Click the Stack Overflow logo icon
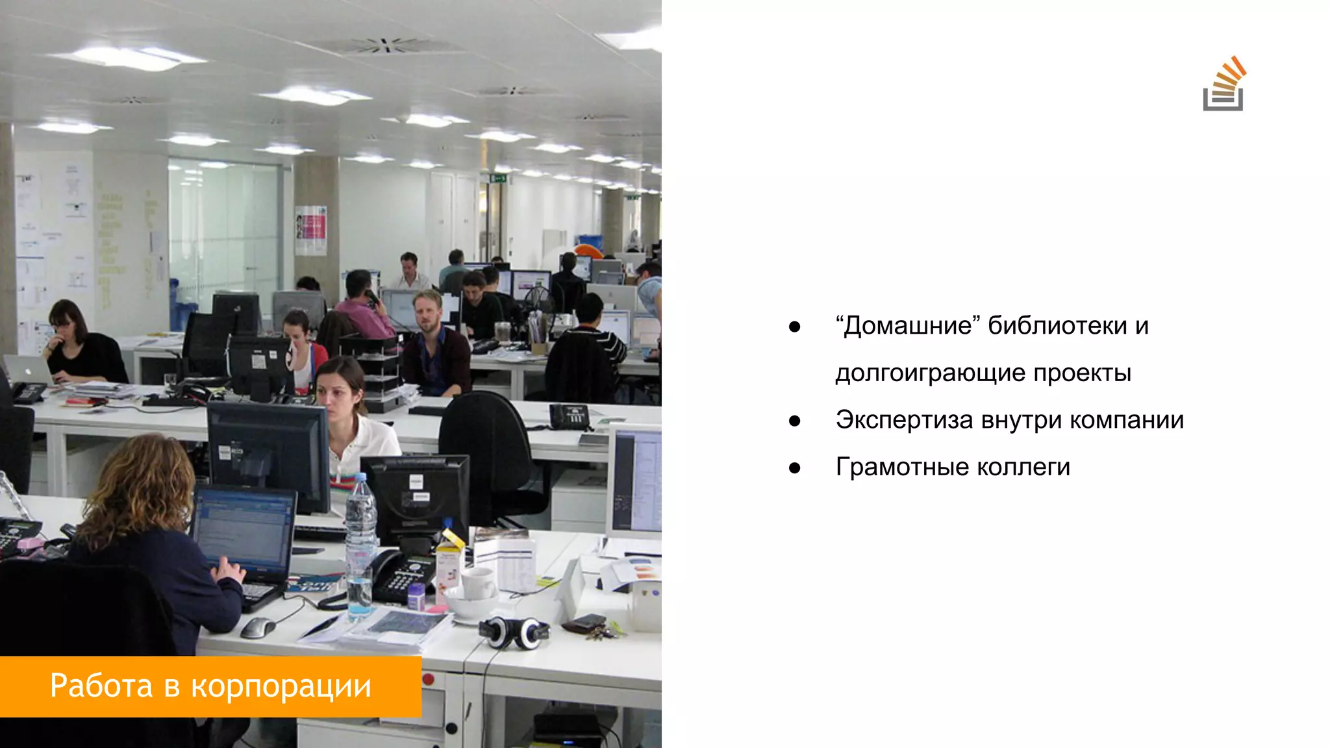click(x=1224, y=85)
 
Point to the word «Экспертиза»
click(x=904, y=420)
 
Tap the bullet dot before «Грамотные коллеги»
click(x=794, y=467)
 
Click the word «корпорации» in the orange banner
click(x=281, y=687)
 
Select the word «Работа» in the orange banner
click(x=101, y=686)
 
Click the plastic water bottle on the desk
click(x=360, y=545)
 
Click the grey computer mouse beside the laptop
click(x=257, y=627)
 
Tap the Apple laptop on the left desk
click(x=29, y=369)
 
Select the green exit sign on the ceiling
click(x=498, y=177)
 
